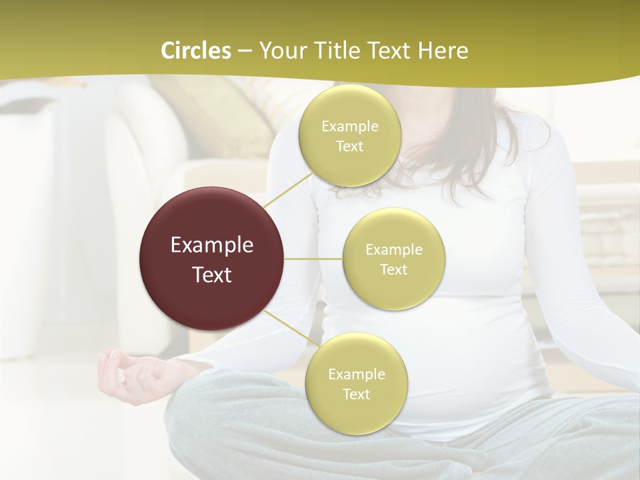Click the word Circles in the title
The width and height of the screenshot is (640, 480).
coord(195,51)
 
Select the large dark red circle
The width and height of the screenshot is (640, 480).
coord(212,259)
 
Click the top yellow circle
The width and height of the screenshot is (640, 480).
coord(350,135)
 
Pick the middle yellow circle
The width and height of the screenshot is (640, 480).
coord(394,259)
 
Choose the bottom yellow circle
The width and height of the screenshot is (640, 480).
coord(357,383)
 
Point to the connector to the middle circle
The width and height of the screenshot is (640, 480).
coord(313,259)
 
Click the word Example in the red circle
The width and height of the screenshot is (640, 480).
coord(212,245)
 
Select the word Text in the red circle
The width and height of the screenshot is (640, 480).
coord(212,275)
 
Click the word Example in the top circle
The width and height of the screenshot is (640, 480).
coord(350,126)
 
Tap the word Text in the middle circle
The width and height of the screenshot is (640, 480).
coord(394,269)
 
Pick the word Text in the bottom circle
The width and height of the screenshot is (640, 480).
coord(357,394)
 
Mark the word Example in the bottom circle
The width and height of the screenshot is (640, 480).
coord(357,374)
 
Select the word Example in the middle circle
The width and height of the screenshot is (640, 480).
coord(394,249)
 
